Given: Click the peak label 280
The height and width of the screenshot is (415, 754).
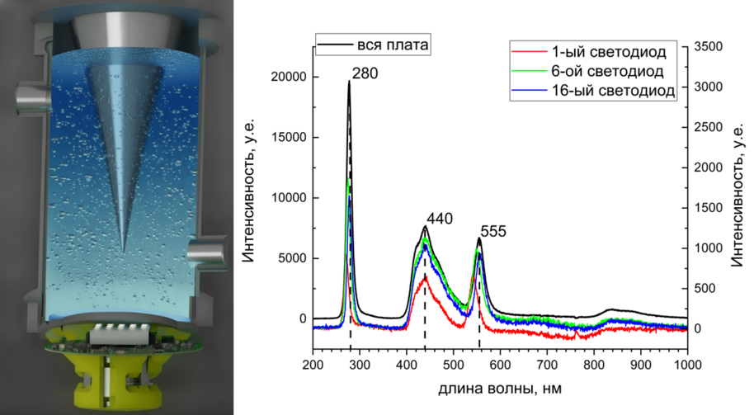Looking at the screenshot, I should point(364,75).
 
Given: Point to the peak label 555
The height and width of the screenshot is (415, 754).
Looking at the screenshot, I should point(493,233).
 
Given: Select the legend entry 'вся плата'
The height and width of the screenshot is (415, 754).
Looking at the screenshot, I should point(393,44).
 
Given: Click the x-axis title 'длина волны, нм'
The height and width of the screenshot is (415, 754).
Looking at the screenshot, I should point(499,386).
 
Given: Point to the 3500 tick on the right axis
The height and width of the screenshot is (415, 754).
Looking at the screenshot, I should point(710,46).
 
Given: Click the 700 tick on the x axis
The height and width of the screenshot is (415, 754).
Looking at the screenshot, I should point(547,363).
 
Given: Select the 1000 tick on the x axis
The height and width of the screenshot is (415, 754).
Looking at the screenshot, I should point(687,363).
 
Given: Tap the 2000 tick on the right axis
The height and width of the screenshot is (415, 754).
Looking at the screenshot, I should point(710,167).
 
